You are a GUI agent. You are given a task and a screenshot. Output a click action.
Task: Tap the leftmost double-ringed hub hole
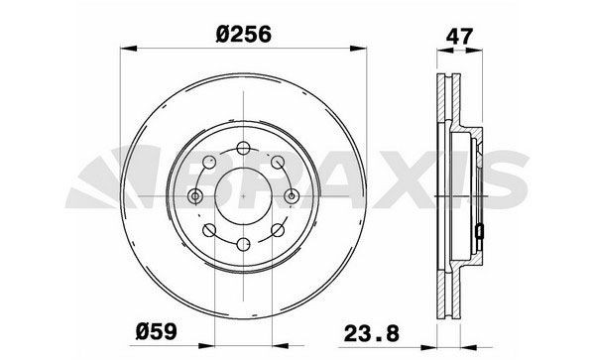click(196, 195)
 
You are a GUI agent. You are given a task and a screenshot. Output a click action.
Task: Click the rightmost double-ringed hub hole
click(293, 195)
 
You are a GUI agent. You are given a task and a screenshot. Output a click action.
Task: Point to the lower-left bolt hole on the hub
click(209, 230)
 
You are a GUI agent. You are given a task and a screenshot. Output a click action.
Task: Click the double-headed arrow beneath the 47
click(459, 51)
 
